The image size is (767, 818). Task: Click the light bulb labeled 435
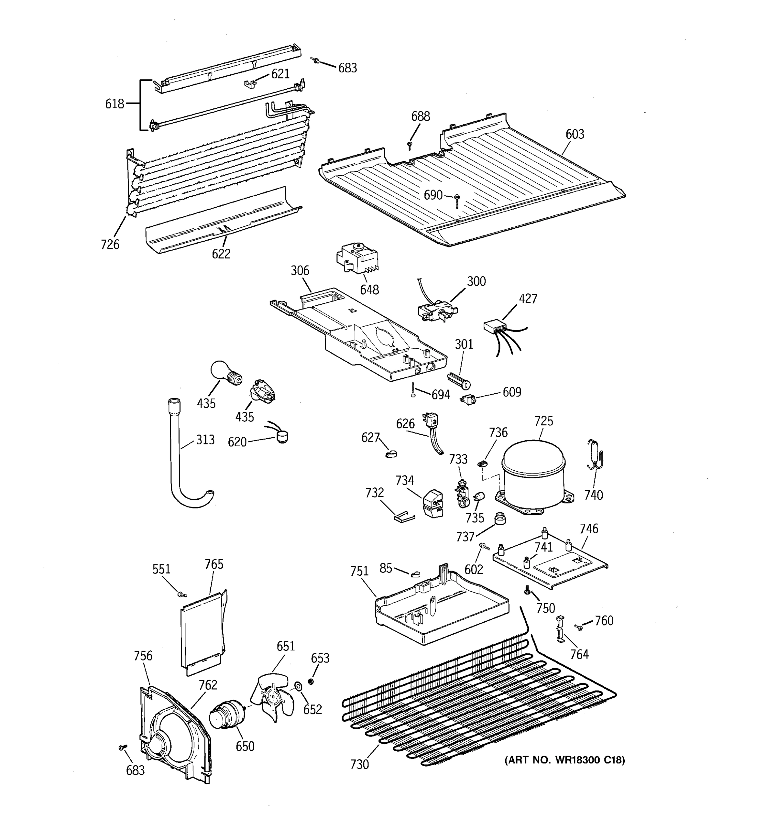point(224,373)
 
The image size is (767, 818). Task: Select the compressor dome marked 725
point(533,470)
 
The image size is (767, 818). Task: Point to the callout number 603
point(574,134)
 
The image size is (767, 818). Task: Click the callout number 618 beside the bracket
point(115,104)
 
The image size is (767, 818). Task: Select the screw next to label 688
point(410,145)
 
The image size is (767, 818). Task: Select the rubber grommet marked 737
point(499,518)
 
